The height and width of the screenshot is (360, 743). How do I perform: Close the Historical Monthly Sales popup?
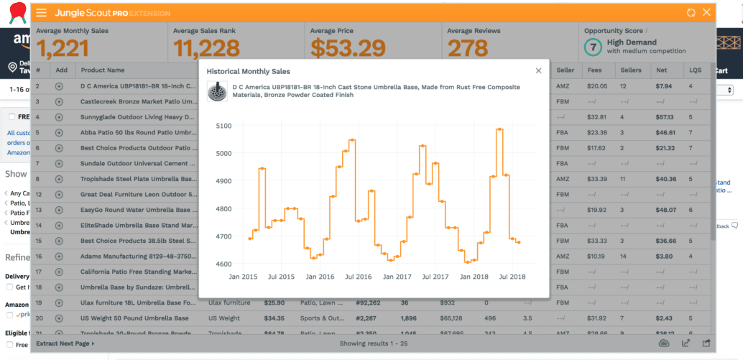click(538, 70)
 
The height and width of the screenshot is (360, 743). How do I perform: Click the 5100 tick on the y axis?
click(224, 126)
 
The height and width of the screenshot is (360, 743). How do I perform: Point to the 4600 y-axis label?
click(224, 264)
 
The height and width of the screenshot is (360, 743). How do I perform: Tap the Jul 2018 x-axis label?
click(512, 277)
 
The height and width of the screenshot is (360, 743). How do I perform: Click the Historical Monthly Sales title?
click(249, 71)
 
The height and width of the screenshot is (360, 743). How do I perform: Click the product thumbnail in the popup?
click(216, 91)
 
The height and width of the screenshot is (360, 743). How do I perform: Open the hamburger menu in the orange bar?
click(42, 13)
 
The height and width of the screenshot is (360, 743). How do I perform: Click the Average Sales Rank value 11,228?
click(205, 48)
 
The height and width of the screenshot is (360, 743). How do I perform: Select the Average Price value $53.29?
click(344, 48)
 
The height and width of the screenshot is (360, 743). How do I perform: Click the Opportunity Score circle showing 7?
click(593, 47)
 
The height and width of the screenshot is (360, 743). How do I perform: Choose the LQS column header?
click(695, 70)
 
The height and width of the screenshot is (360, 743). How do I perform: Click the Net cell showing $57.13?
click(665, 117)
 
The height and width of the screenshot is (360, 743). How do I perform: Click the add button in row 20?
click(59, 318)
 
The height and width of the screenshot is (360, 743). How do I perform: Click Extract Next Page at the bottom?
click(64, 344)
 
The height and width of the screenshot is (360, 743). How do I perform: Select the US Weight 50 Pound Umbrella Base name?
click(134, 318)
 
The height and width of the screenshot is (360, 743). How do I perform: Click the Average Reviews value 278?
click(468, 48)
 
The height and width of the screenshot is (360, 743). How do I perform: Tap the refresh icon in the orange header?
click(691, 13)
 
